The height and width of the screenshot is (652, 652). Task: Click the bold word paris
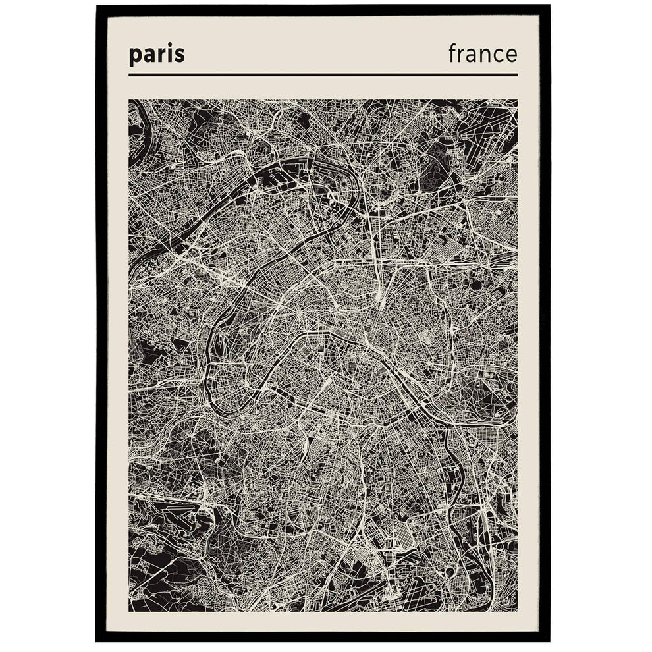point(157,55)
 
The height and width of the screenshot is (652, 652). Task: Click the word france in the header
point(483,53)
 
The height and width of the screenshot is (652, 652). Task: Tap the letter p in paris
point(135,57)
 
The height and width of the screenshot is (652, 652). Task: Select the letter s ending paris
point(180,56)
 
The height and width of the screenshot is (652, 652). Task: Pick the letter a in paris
point(148,56)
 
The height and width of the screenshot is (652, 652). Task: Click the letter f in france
point(452,53)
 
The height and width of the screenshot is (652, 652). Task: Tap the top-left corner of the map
point(130,100)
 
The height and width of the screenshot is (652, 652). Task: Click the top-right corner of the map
point(517,100)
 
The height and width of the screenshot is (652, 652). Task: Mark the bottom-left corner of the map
point(130,611)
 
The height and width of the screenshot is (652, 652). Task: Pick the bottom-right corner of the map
point(517,611)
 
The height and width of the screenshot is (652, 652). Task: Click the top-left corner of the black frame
point(97,6)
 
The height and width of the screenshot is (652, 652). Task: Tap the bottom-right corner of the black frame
point(549,640)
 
